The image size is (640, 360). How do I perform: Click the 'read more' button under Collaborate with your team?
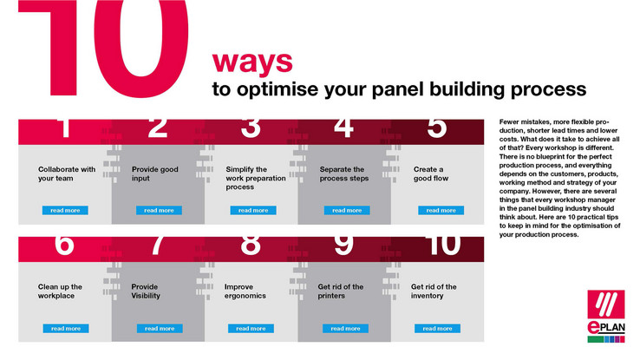(x=65, y=210)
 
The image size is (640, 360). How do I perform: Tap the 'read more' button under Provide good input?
(x=160, y=210)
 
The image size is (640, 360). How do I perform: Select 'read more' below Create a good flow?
(x=441, y=210)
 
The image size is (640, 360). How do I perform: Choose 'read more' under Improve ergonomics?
(x=251, y=328)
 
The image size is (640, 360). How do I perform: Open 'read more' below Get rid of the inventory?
(x=438, y=328)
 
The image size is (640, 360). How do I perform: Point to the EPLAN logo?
(x=606, y=317)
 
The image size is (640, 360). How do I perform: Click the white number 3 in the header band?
(x=251, y=128)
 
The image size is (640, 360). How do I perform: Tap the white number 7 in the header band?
(x=157, y=245)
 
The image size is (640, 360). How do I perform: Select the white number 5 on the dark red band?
(x=437, y=128)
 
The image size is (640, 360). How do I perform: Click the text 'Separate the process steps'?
(x=344, y=173)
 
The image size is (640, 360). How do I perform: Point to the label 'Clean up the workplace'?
(x=60, y=291)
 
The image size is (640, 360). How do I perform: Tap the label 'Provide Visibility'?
(x=146, y=291)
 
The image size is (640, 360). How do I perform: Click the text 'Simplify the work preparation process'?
(x=256, y=178)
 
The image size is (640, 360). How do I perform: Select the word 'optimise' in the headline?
(x=278, y=90)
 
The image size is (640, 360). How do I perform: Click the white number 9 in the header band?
(x=343, y=245)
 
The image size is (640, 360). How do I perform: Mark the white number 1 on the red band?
(x=64, y=128)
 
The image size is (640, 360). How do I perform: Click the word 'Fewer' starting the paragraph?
(x=508, y=121)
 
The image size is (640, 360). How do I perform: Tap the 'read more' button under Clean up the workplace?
(x=66, y=328)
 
